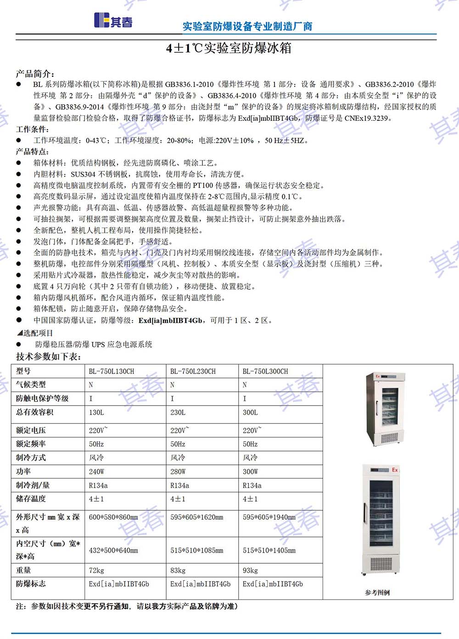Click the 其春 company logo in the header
click(x=113, y=21)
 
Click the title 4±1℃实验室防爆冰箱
click(x=229, y=48)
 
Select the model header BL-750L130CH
click(x=112, y=371)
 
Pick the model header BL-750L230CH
click(x=193, y=371)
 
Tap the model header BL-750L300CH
click(x=265, y=371)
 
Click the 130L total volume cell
click(x=96, y=413)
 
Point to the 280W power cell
click(x=178, y=472)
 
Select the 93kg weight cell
click(x=250, y=571)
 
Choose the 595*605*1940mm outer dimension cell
click(x=269, y=517)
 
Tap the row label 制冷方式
click(x=31, y=458)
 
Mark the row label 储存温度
click(x=31, y=498)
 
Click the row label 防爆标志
click(x=31, y=584)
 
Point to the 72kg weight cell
click(x=96, y=571)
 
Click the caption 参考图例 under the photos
click(x=377, y=593)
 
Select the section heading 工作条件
click(x=32, y=130)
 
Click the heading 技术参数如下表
click(x=49, y=357)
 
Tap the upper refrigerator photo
click(x=385, y=409)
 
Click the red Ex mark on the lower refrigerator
click(x=395, y=470)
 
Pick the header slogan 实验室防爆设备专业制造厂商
click(x=247, y=27)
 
